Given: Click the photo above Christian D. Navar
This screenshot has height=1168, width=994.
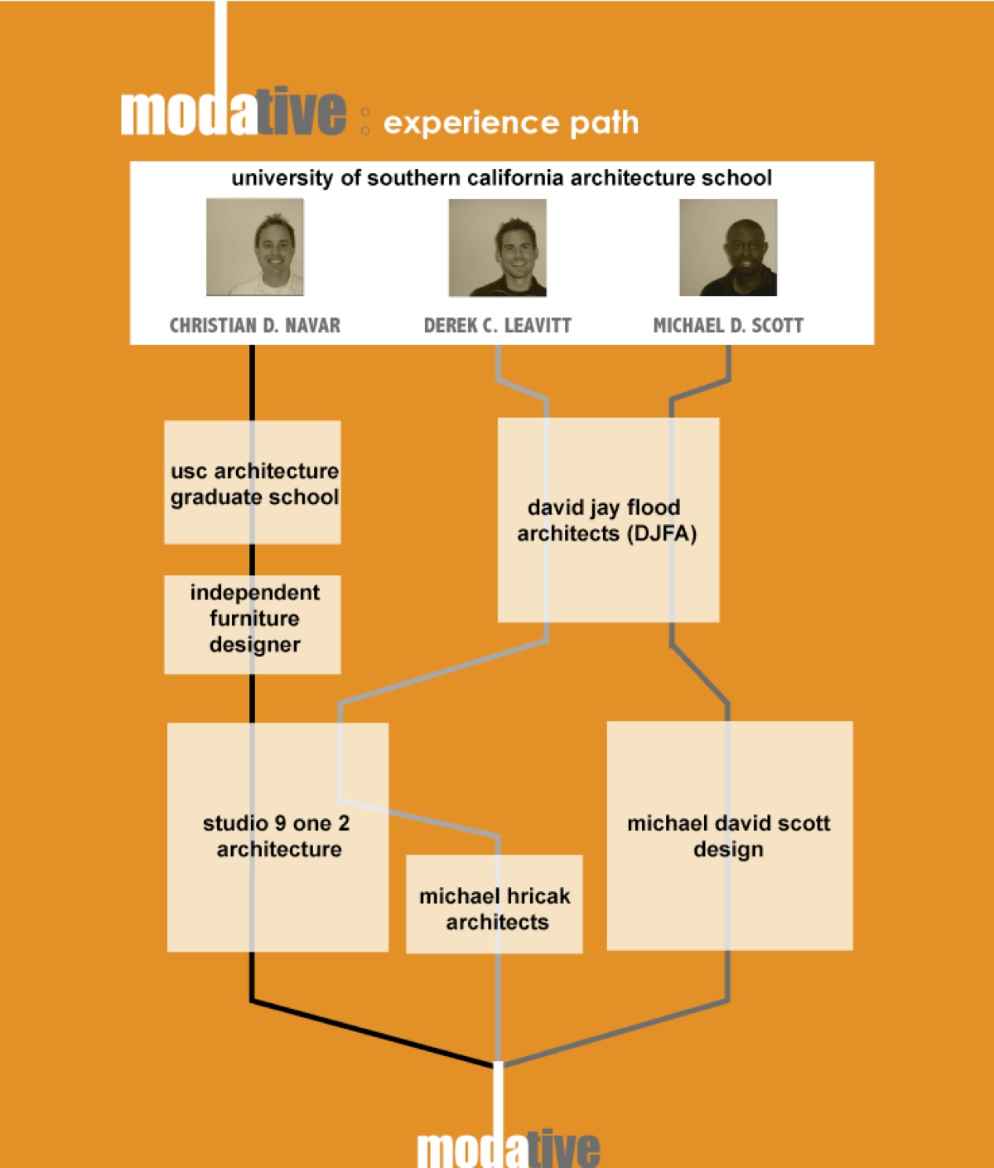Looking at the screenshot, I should click(255, 247).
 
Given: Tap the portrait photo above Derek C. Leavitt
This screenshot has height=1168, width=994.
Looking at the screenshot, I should click(497, 247).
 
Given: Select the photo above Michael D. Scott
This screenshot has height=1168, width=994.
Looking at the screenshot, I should click(728, 247).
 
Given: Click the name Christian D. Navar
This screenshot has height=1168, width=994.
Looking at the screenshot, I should click(255, 326).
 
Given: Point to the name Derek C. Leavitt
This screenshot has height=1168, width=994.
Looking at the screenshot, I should click(497, 326).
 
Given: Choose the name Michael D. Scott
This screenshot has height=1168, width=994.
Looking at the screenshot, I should click(728, 326).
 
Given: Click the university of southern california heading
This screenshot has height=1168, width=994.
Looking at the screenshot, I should click(501, 178).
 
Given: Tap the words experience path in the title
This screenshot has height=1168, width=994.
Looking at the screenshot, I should click(511, 124).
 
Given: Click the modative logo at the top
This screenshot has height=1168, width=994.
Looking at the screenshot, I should click(233, 112).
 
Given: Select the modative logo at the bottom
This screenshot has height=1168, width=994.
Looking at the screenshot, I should click(509, 1151).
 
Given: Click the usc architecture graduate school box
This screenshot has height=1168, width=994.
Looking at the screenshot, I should click(253, 482).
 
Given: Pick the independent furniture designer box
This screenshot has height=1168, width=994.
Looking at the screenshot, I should click(253, 624).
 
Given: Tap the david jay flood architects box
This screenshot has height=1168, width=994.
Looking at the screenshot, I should click(608, 520).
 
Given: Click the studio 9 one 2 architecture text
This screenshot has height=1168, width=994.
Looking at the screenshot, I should click(277, 836).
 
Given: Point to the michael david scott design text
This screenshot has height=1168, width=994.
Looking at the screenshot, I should click(729, 836).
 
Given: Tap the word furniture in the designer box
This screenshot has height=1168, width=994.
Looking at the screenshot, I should click(254, 618).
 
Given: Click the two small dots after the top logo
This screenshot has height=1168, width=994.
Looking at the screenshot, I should click(365, 121).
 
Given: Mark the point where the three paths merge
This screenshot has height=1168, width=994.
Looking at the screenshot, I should click(499, 1064).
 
